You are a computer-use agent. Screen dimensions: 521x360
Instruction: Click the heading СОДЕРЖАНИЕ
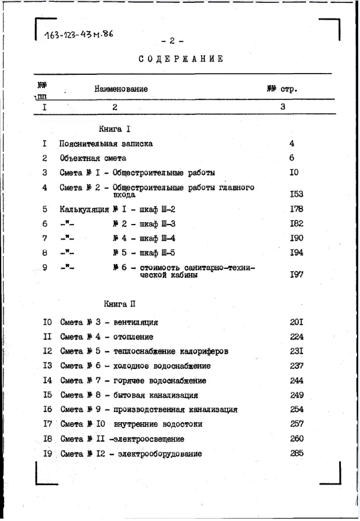(181, 59)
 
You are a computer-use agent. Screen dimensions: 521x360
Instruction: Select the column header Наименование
(121, 89)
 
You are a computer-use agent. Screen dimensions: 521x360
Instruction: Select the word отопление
(132, 337)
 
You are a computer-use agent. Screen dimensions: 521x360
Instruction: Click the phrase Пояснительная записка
(106, 144)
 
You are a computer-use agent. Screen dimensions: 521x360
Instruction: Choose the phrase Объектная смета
(93, 158)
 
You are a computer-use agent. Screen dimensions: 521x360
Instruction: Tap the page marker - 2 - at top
(172, 41)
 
